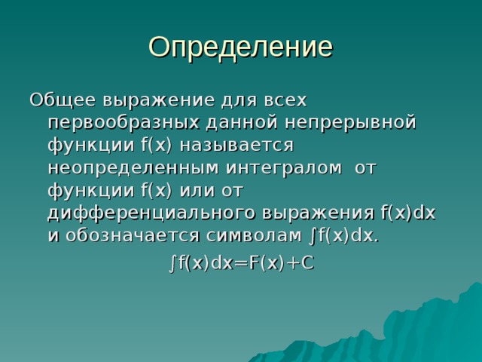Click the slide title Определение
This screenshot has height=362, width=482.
(240, 47)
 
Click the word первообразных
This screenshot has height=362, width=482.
(124, 122)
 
